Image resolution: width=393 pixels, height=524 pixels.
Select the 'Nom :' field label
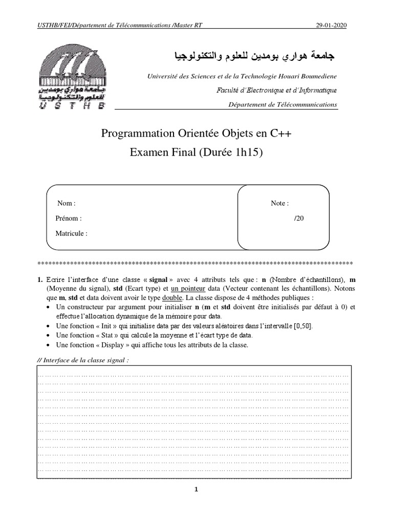(x=67, y=203)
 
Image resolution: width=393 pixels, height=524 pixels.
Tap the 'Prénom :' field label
(x=68, y=219)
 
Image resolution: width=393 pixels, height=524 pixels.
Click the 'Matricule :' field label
(x=71, y=233)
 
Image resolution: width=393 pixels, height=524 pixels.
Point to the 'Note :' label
(x=279, y=203)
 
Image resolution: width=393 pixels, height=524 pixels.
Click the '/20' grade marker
(x=299, y=219)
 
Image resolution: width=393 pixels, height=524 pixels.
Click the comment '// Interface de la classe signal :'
(x=83, y=359)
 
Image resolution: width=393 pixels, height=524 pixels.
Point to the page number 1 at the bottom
(x=196, y=489)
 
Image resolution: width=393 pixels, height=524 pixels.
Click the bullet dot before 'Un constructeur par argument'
(x=48, y=307)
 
